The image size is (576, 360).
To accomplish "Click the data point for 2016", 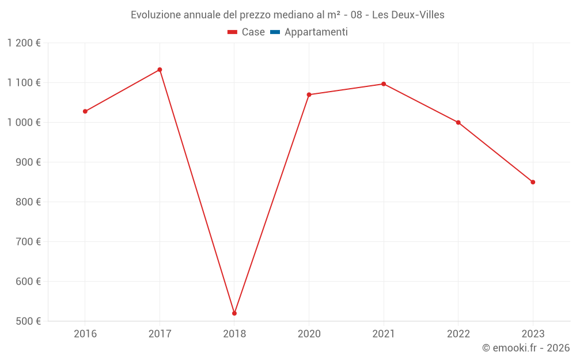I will [85, 111].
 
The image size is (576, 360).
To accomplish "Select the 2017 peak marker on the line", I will [160, 70].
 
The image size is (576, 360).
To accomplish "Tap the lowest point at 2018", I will [234, 313].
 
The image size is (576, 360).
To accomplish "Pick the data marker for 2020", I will [309, 94].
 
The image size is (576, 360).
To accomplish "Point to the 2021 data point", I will [384, 84].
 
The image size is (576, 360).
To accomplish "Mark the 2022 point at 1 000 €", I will [458, 123].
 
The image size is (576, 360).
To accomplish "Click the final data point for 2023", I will [533, 182].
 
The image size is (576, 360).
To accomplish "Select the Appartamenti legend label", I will [316, 32].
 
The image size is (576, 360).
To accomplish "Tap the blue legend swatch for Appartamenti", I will [275, 32].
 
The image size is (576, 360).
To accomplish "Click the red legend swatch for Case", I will [232, 32].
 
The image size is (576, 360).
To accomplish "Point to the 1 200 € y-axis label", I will [24, 43].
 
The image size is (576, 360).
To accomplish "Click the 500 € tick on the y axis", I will [28, 321].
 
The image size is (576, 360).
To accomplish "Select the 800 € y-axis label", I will [28, 202].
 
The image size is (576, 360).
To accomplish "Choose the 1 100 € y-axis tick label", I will [24, 83].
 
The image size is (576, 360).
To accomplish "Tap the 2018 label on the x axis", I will [234, 334].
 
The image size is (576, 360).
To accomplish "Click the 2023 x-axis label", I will [533, 334].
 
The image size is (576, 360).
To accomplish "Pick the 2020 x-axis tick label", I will [309, 334].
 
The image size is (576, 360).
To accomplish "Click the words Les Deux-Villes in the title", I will [408, 15].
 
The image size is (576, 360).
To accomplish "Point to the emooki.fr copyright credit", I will [526, 348].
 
